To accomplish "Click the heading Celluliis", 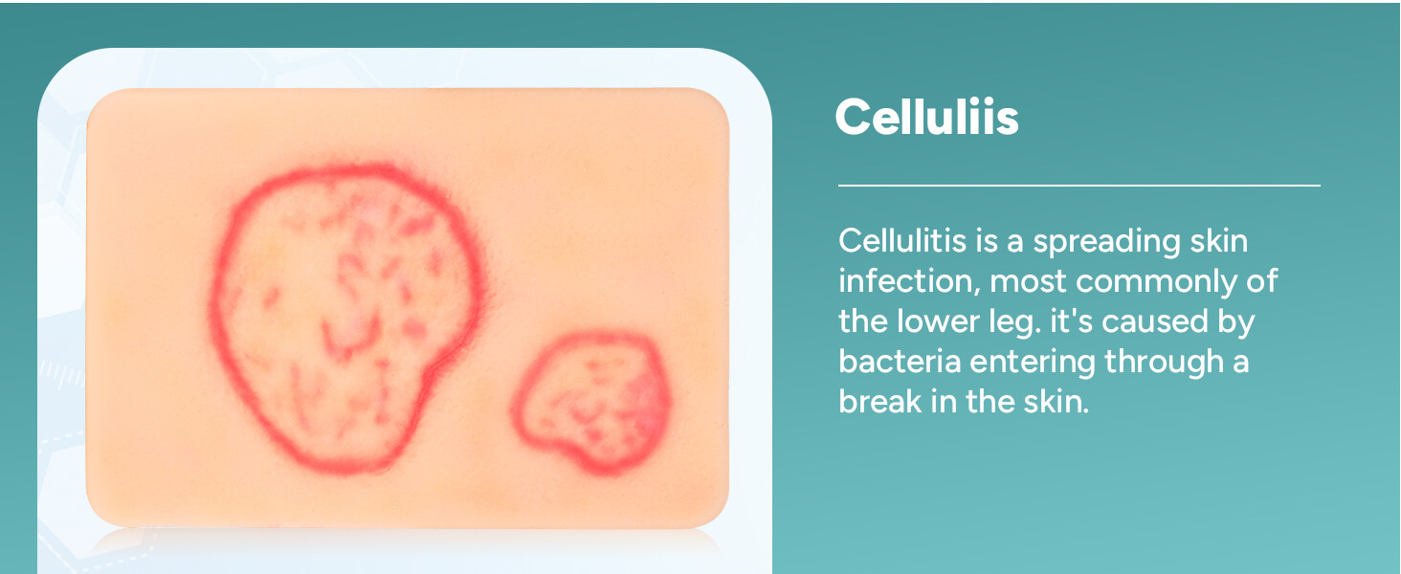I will point(926,118).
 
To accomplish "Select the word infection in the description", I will point(907,281).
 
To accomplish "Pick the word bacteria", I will point(899,362).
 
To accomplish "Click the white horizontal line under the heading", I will point(1079,186).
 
